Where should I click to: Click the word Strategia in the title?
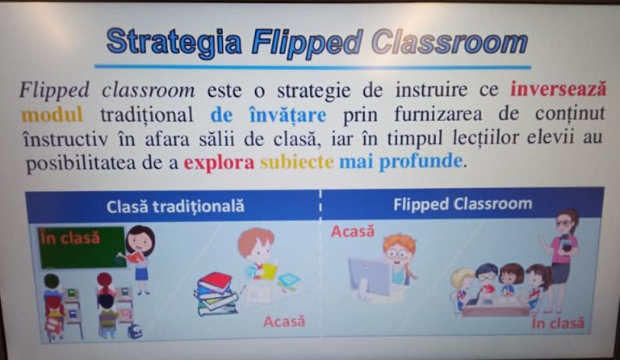174,42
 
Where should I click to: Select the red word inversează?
558,90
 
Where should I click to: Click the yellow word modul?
52,115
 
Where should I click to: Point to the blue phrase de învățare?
269,115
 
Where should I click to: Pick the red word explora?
219,162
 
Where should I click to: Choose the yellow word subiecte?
296,162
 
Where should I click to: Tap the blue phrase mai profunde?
400,162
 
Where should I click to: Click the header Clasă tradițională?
175,207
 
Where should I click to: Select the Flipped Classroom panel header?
463,204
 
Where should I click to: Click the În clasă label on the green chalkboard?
70,238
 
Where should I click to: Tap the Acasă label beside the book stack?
284,322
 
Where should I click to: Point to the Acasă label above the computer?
353,231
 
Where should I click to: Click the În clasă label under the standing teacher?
558,323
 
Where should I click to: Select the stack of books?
216,294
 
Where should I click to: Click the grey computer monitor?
368,278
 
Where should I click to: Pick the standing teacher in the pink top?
561,261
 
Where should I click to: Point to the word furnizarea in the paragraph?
438,115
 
